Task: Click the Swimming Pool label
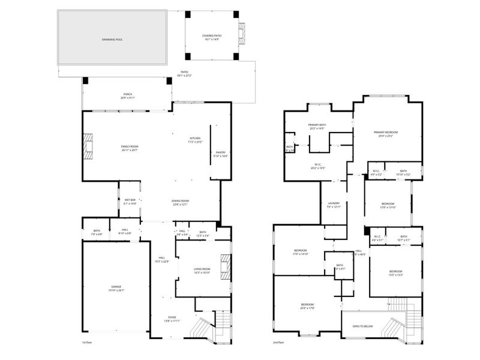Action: click(x=112, y=38)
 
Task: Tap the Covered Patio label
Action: click(x=211, y=37)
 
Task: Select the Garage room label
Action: click(x=116, y=289)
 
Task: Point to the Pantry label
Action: click(x=220, y=154)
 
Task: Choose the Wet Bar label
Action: click(x=130, y=202)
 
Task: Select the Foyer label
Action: click(x=172, y=319)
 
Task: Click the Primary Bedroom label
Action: click(x=386, y=134)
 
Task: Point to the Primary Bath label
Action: click(x=317, y=127)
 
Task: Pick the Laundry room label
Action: click(x=334, y=205)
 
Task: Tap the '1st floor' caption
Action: click(x=87, y=343)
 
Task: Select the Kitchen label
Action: click(x=196, y=140)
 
